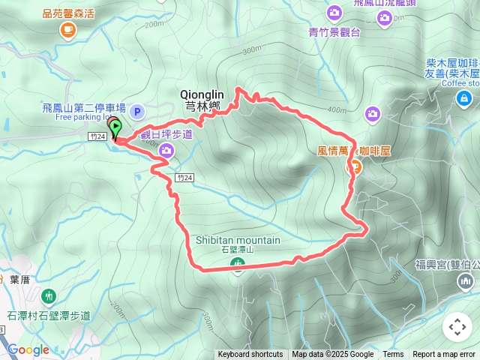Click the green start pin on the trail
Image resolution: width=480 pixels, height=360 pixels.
point(115,130)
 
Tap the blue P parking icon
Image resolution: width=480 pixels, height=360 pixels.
point(137,112)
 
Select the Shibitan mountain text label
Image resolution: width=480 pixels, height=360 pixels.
point(238,240)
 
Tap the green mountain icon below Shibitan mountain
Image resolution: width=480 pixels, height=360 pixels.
point(238,262)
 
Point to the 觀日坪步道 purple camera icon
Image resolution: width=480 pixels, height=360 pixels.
point(166,151)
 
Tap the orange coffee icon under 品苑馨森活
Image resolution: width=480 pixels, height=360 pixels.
point(68,29)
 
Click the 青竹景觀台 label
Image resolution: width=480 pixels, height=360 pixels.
point(334,31)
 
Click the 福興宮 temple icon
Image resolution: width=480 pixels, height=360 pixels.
point(465,281)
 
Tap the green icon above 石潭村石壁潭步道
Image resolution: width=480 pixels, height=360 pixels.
point(49,296)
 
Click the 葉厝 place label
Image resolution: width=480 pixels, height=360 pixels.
point(19,279)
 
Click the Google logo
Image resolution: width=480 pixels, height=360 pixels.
point(28,349)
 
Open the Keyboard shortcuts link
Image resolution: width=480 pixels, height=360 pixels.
point(250,355)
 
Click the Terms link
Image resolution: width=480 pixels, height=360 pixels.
point(393,355)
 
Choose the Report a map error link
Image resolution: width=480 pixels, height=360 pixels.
point(445,355)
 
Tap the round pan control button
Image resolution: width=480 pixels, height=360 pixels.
point(457,327)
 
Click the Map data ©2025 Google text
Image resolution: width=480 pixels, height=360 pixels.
point(332,355)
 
